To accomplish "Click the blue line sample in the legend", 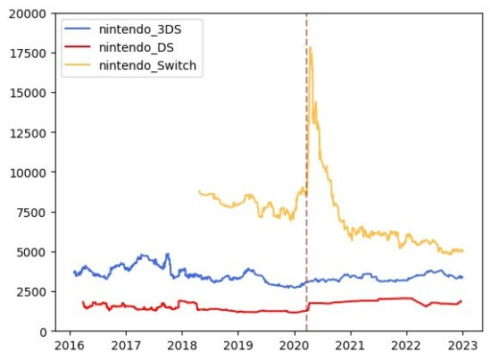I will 79,29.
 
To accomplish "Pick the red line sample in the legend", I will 79,47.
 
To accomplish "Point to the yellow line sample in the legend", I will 79,65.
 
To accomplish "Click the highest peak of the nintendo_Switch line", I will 310,48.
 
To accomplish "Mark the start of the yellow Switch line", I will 199,191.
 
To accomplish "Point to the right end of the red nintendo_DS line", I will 461,301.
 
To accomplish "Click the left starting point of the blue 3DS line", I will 74,272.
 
